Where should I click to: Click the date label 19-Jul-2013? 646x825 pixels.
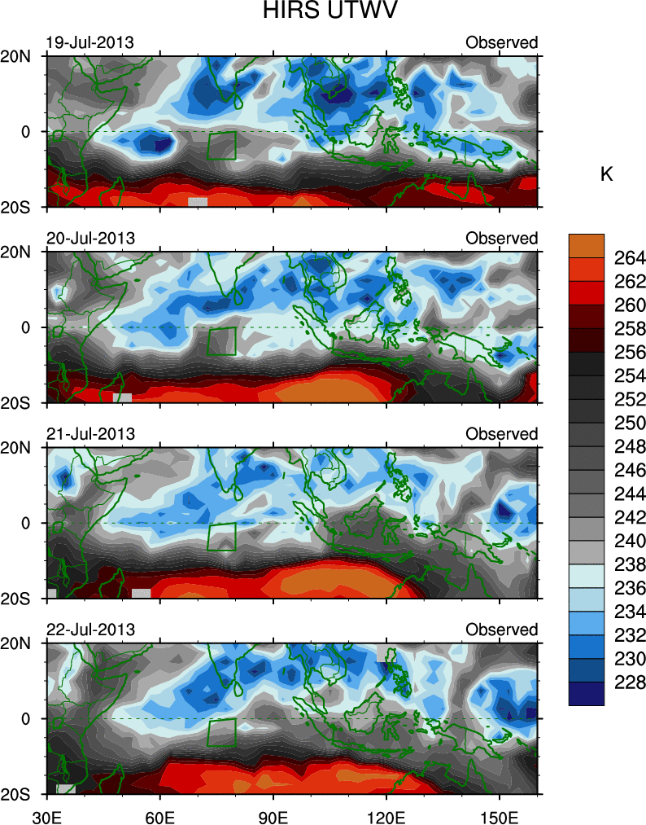[x=89, y=42]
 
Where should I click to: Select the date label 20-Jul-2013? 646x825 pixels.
[x=89, y=238]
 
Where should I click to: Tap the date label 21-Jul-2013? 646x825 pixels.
[x=89, y=434]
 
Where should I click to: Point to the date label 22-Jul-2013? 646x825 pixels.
[x=89, y=630]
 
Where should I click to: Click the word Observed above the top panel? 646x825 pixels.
[x=501, y=42]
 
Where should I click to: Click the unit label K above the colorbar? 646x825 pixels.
[x=606, y=174]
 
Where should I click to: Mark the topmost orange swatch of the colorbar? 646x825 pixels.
[x=587, y=246]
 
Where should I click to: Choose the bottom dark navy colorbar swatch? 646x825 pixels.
[x=587, y=693]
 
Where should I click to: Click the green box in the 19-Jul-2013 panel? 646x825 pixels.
[x=221, y=145]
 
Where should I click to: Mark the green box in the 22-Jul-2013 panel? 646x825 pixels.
[x=221, y=732]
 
